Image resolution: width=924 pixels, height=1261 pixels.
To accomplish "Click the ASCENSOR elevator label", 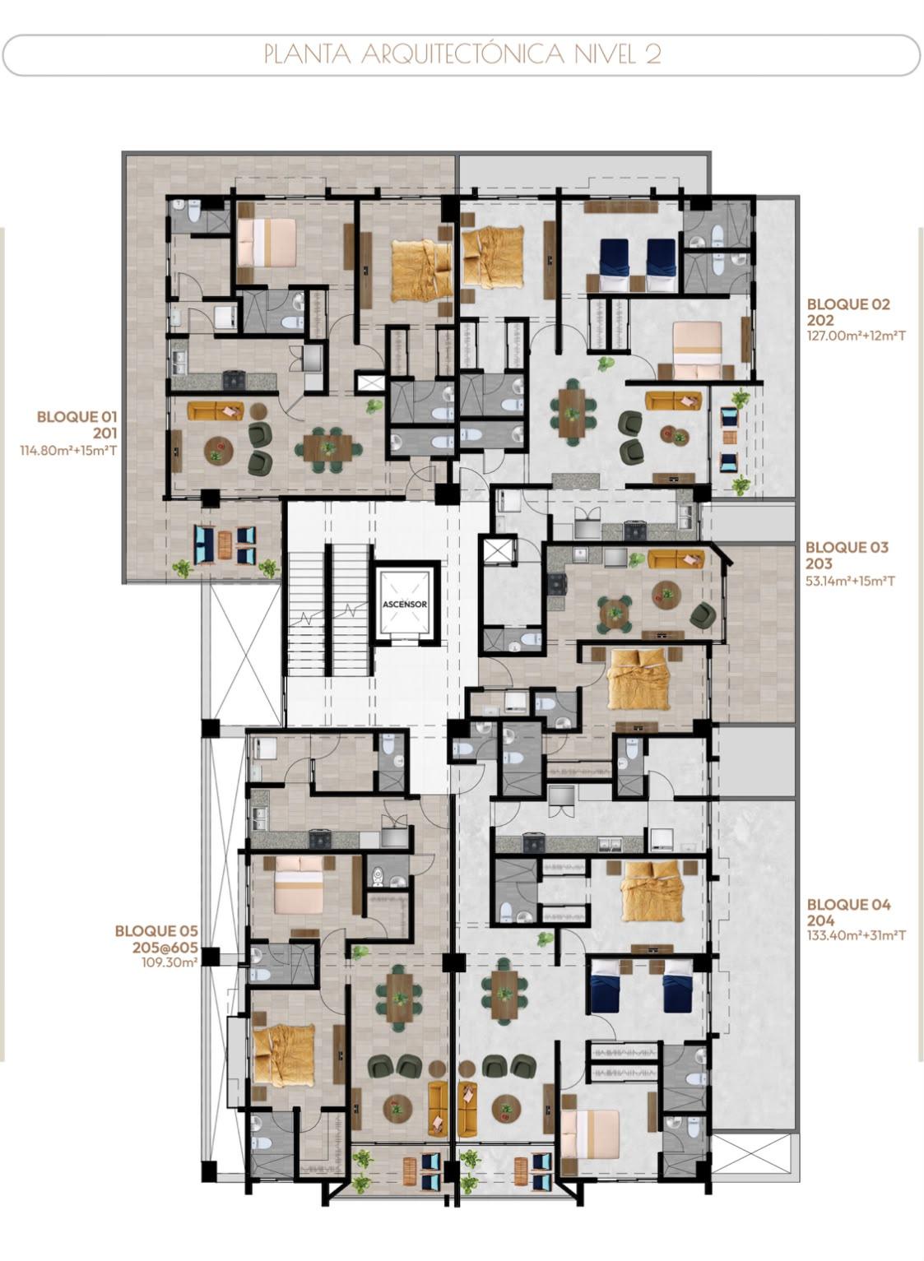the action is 404,604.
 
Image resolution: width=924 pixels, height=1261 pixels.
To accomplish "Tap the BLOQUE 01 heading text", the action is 77,417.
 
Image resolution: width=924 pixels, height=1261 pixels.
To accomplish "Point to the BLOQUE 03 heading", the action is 847,547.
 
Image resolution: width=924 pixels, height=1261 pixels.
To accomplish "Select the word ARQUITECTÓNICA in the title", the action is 462,54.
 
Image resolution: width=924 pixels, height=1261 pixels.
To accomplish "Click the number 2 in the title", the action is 652,54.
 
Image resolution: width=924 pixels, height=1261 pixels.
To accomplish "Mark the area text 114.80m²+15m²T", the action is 68,451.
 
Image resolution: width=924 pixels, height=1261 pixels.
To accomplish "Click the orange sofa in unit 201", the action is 216,410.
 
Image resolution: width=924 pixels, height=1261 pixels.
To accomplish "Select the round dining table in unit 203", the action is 615,612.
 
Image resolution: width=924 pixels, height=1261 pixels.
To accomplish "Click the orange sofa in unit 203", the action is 676,559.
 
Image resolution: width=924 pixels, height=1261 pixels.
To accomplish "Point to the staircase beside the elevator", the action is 329,610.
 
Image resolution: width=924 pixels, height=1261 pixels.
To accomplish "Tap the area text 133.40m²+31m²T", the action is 857,935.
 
